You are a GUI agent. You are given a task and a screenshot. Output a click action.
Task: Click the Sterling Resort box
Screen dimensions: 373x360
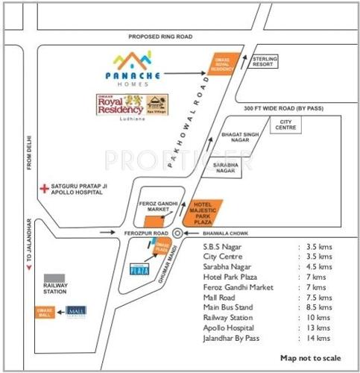(265, 61)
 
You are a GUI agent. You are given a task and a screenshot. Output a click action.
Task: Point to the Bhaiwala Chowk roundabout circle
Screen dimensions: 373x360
(177, 233)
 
